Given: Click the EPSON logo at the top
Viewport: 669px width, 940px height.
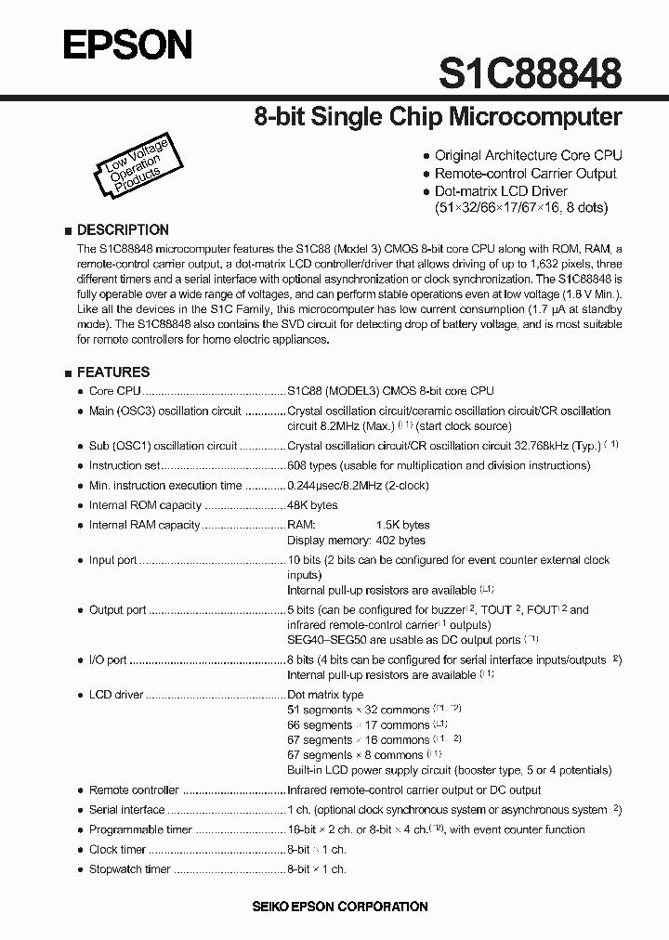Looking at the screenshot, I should pyautogui.click(x=127, y=45).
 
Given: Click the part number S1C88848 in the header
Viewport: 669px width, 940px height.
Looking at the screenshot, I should pyautogui.click(x=530, y=72).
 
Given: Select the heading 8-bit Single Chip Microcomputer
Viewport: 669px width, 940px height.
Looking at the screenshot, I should pyautogui.click(x=438, y=117).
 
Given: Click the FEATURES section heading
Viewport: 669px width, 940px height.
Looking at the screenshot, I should pyautogui.click(x=112, y=372).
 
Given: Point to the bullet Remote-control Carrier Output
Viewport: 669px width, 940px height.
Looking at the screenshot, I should pyautogui.click(x=525, y=174).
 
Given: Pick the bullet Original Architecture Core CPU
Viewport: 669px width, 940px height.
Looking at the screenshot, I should pyautogui.click(x=528, y=156).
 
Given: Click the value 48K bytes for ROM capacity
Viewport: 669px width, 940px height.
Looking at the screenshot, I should pyautogui.click(x=312, y=505).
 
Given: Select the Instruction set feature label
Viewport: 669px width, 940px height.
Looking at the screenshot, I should pyautogui.click(x=125, y=465).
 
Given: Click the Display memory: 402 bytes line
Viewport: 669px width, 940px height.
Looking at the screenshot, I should pyautogui.click(x=356, y=540).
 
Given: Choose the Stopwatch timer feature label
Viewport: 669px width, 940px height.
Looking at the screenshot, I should pyautogui.click(x=129, y=869).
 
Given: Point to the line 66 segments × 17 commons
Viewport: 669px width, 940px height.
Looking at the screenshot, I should pyautogui.click(x=358, y=725).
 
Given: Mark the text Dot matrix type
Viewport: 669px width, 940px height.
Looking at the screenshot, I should pyautogui.click(x=325, y=695).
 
